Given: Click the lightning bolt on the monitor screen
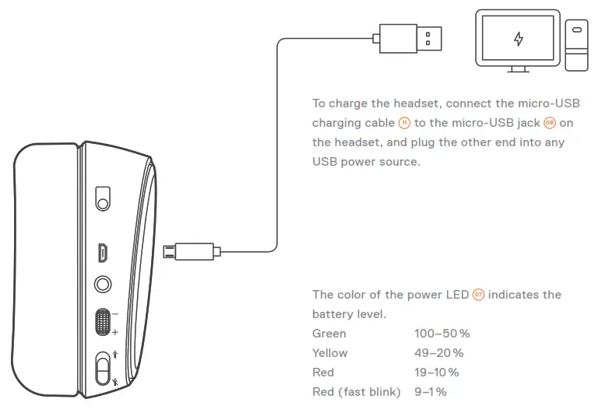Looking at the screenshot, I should [x=518, y=39].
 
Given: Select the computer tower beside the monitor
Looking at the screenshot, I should [x=576, y=46].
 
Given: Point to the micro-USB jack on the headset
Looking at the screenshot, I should [x=103, y=252].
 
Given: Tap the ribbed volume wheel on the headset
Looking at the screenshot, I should [x=103, y=322].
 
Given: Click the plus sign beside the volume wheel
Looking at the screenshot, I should [x=115, y=332].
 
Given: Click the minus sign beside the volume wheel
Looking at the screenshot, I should [x=115, y=313].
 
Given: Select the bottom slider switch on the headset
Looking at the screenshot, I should [x=103, y=368].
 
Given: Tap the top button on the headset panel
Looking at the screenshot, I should [x=103, y=198].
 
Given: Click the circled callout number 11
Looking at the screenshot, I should [x=403, y=123].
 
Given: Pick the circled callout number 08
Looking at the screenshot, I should [x=550, y=123].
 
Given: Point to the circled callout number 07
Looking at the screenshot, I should [x=478, y=295].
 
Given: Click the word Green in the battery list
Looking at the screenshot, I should [x=329, y=334].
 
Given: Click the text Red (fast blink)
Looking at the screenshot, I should [x=356, y=392].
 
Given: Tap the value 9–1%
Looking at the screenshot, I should [x=431, y=392].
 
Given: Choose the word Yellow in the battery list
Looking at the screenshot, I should [x=330, y=353].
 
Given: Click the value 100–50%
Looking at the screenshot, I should [x=442, y=334].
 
